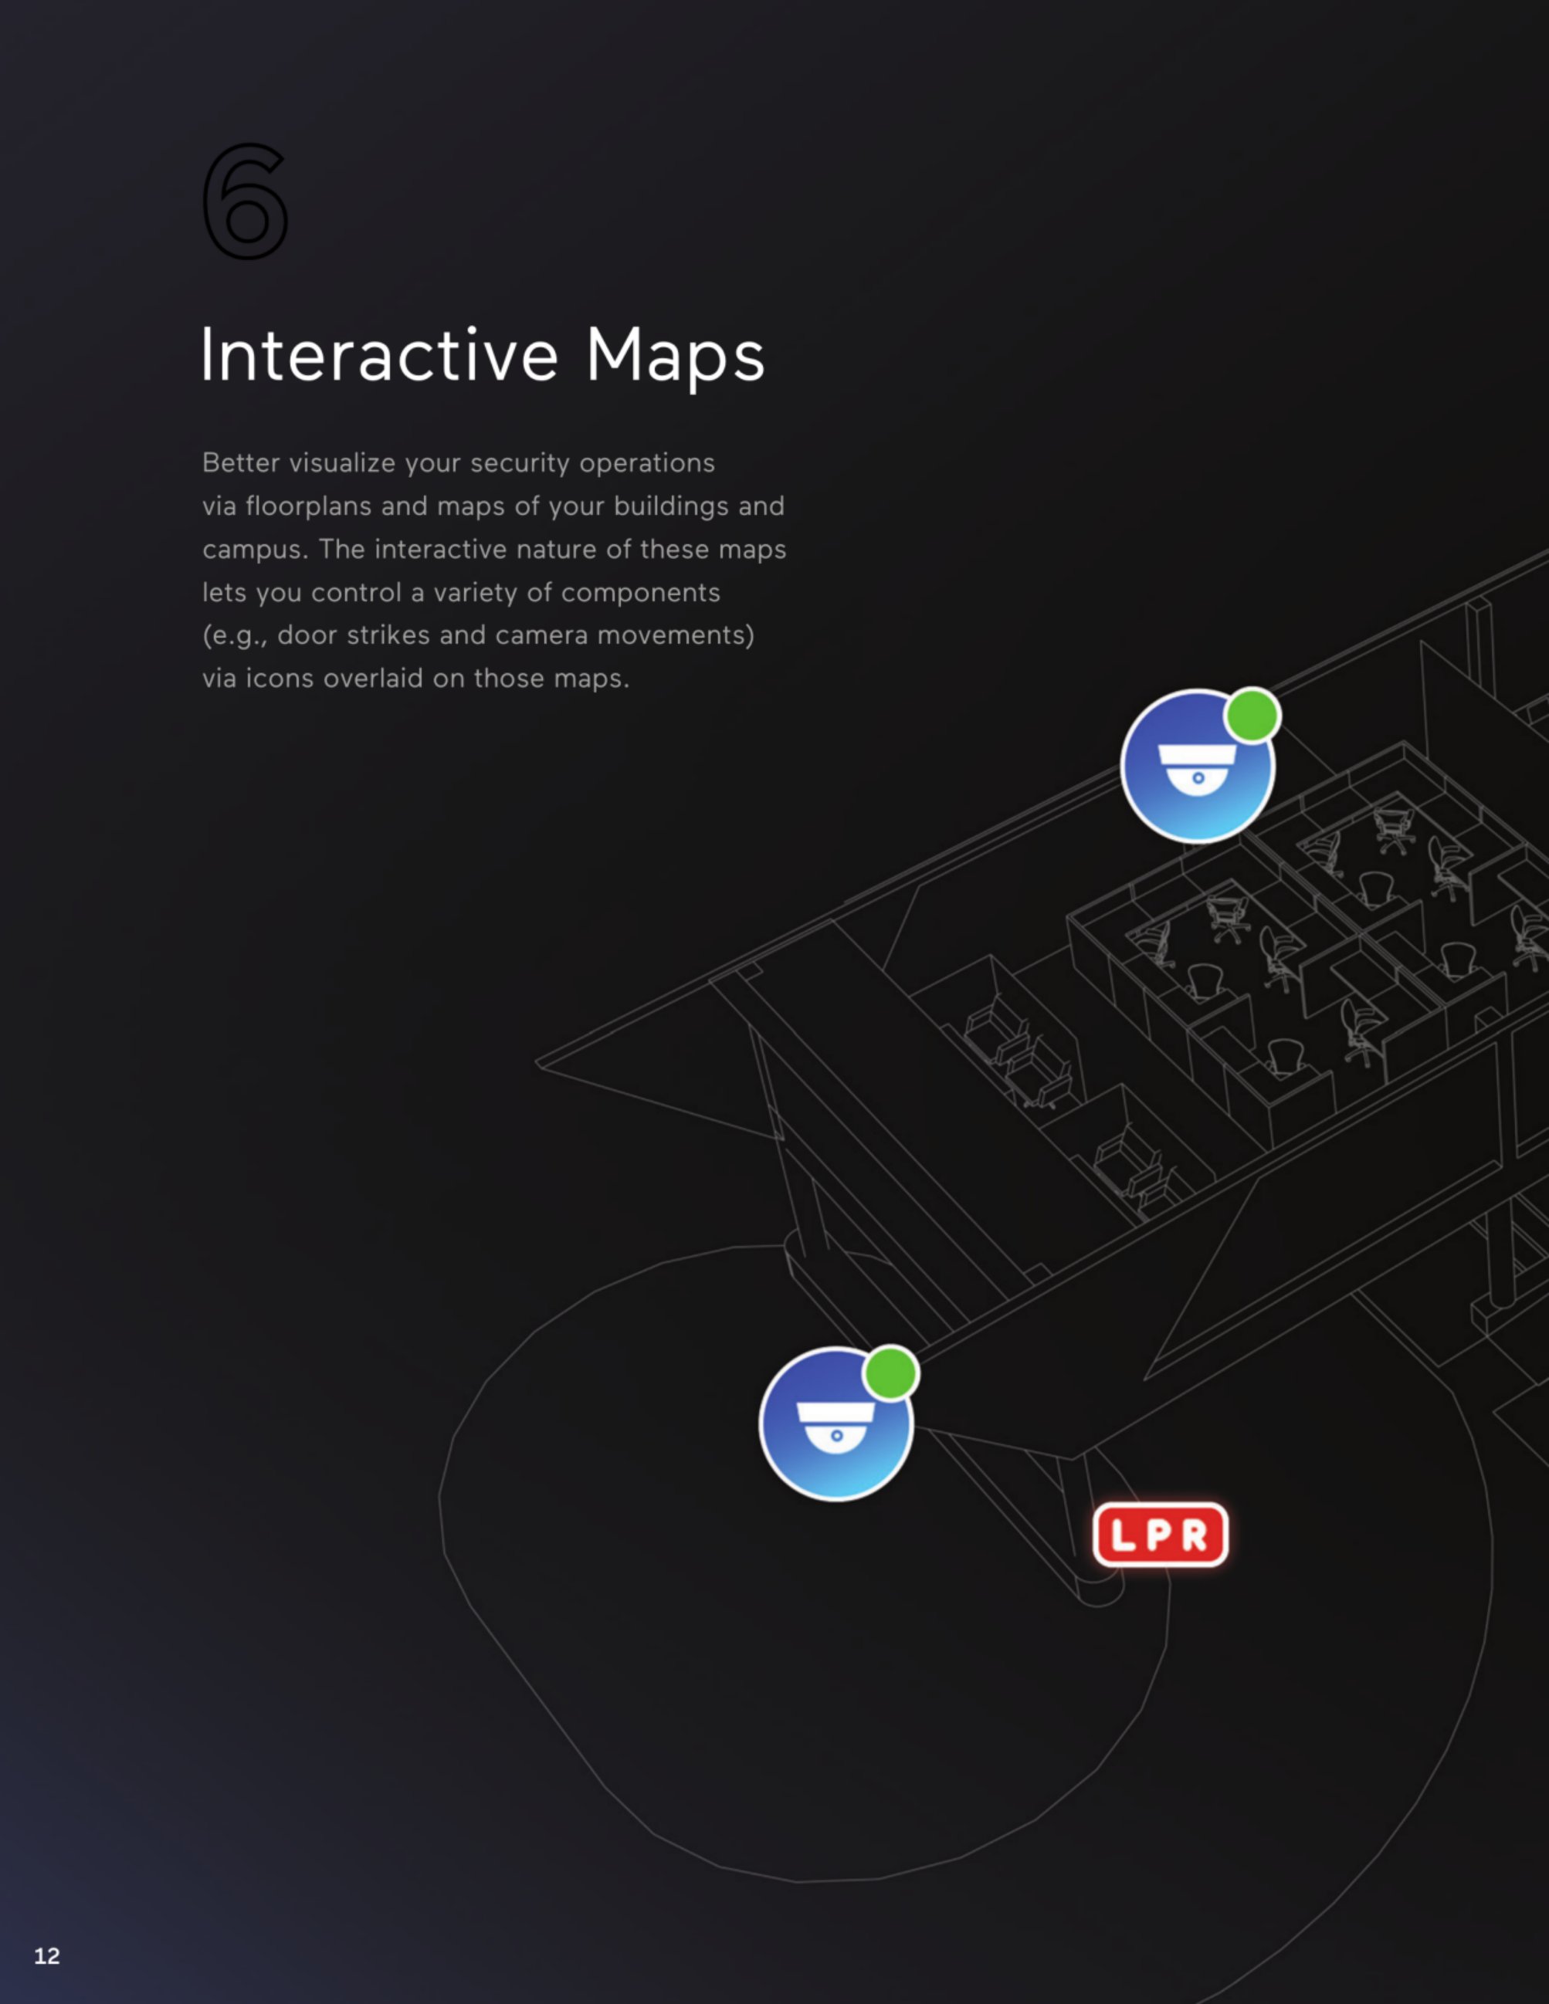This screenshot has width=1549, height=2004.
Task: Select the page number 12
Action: pos(47,1955)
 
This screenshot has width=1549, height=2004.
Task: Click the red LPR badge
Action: pos(1160,1534)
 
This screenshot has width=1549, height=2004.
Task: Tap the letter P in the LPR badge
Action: pos(1160,1534)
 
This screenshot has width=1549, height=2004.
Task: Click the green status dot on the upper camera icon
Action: pos(1252,715)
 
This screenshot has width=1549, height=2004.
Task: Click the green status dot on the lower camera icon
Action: pos(890,1373)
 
